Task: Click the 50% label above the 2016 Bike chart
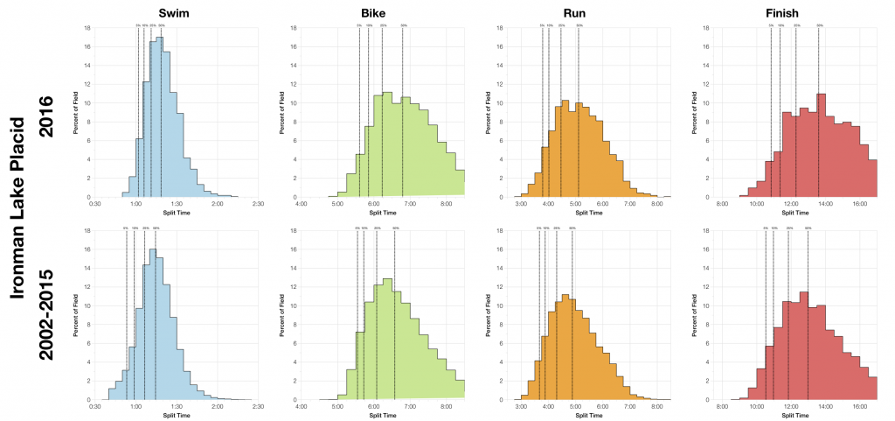point(403,25)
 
